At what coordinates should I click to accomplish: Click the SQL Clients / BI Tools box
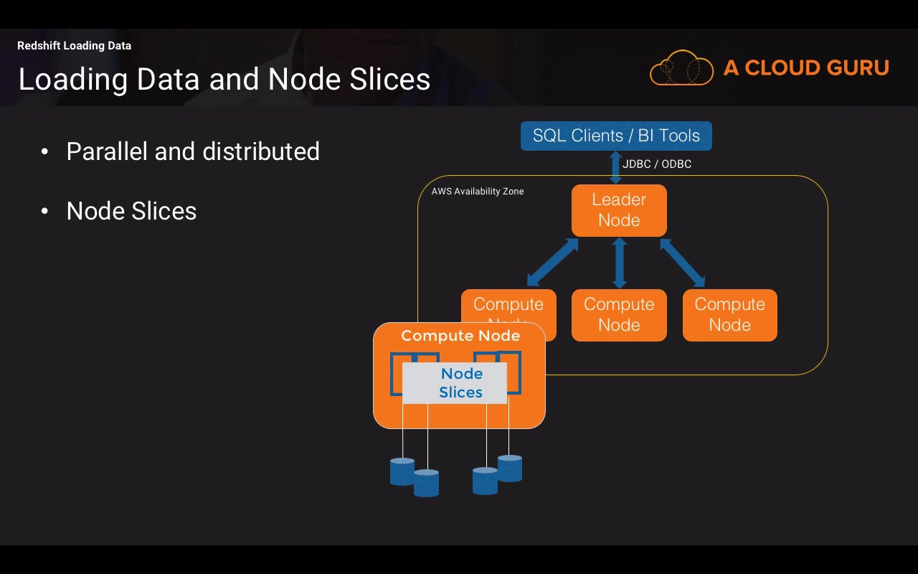(616, 136)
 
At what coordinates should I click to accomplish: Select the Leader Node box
(619, 210)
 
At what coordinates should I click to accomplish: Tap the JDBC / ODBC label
(656, 164)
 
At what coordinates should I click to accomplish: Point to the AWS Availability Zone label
(478, 192)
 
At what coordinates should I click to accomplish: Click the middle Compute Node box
(619, 315)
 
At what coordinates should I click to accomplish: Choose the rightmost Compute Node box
(730, 315)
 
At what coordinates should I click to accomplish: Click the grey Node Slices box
(455, 383)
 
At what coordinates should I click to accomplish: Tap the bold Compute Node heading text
(460, 336)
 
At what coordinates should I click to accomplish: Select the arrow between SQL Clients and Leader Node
(615, 167)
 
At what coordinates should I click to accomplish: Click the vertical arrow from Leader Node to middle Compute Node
(619, 263)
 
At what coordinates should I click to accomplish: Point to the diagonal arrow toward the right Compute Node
(683, 263)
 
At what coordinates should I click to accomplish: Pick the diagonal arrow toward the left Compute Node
(552, 262)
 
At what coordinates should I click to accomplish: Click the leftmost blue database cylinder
(402, 471)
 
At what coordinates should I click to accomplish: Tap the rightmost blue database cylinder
(510, 469)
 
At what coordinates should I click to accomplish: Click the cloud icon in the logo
(681, 67)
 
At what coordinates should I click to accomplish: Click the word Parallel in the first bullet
(107, 151)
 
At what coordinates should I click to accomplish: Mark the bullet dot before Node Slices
(44, 211)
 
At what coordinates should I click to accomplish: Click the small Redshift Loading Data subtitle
(74, 45)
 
